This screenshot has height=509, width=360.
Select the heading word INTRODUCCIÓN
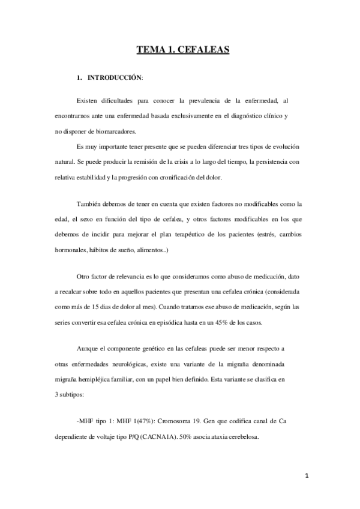(115, 78)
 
